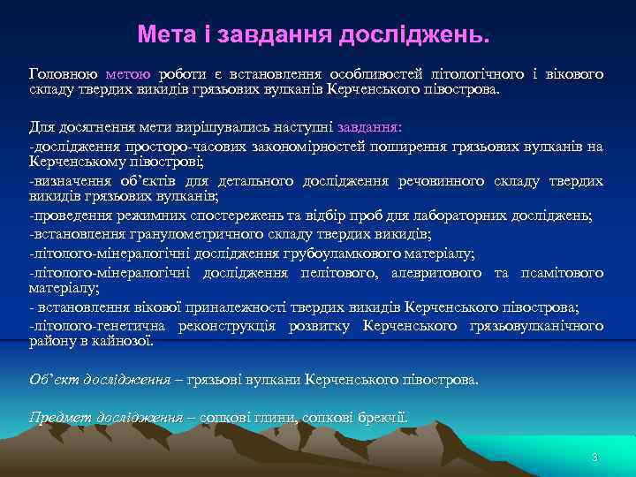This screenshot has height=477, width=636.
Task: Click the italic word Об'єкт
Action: [50, 379]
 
